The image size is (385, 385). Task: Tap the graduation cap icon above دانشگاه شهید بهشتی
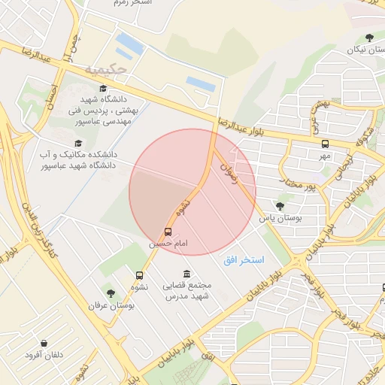pyautogui.click(x=103, y=88)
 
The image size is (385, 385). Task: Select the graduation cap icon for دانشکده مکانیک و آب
pyautogui.click(x=77, y=143)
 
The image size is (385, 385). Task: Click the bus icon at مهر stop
pyautogui.click(x=325, y=144)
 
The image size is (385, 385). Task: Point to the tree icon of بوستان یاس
pyautogui.click(x=280, y=205)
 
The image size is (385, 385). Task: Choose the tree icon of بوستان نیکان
pyautogui.click(x=368, y=38)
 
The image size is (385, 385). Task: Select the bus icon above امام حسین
pyautogui.click(x=167, y=232)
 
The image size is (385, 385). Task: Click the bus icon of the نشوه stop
pyautogui.click(x=139, y=275)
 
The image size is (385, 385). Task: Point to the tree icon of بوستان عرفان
pyautogui.click(x=111, y=293)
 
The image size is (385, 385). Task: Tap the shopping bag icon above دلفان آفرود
pyautogui.click(x=47, y=343)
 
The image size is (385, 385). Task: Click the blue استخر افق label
pyautogui.click(x=244, y=259)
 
